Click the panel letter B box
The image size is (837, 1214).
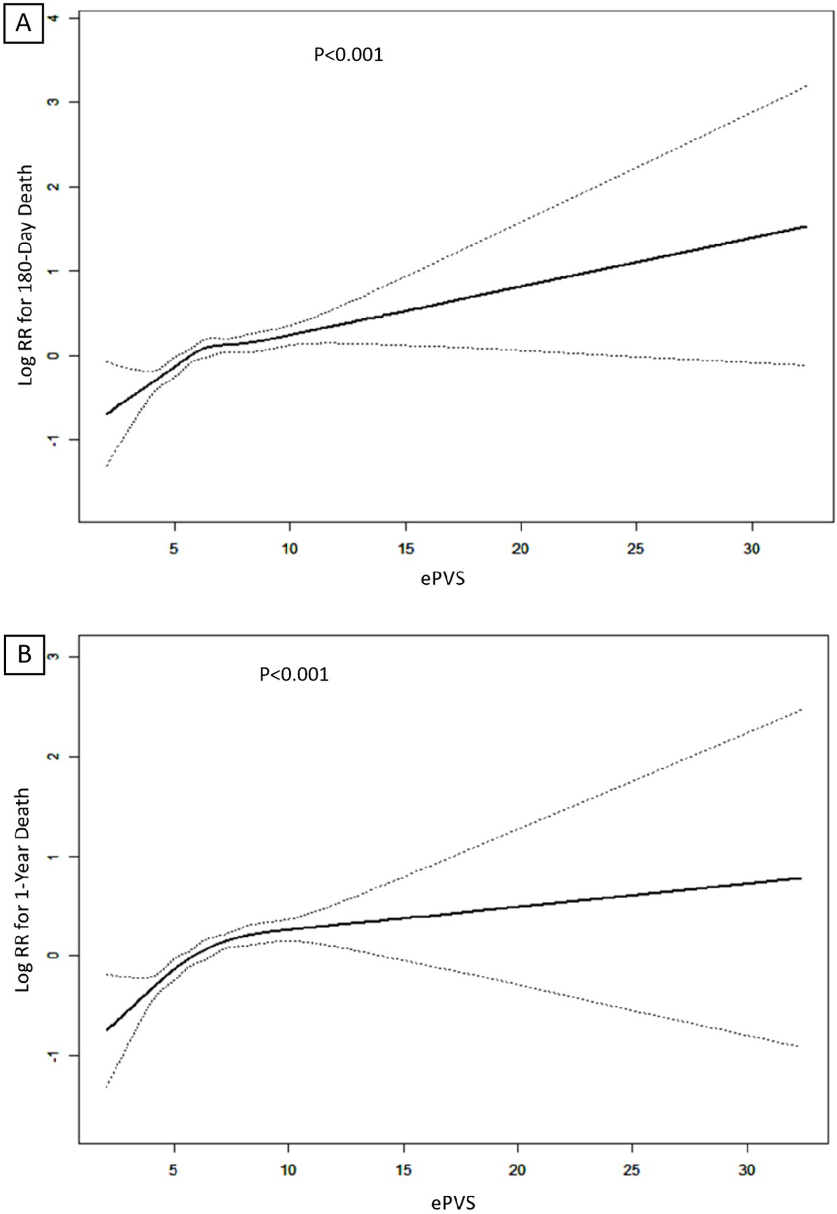(24, 655)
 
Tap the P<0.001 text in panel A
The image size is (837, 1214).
(348, 54)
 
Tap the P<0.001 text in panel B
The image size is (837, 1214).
(293, 674)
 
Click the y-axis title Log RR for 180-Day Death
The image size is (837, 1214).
(25, 275)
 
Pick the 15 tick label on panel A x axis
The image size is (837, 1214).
(405, 549)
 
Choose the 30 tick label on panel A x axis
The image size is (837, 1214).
(752, 549)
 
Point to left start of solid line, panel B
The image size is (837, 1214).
(107, 1030)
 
